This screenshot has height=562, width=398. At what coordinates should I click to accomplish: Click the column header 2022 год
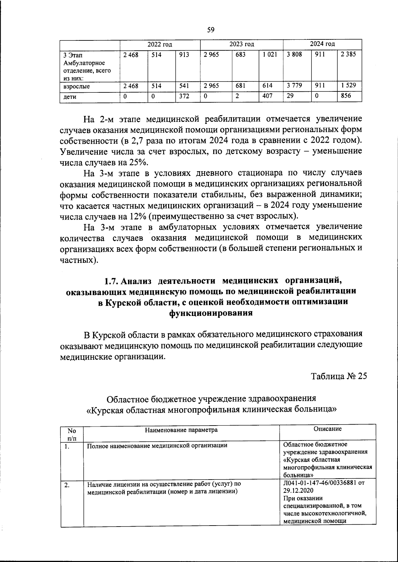(x=160, y=44)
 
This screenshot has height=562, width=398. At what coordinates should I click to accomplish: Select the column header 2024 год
(x=322, y=44)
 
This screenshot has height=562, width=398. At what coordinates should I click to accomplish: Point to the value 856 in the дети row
(x=346, y=96)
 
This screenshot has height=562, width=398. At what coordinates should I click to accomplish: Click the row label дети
(x=70, y=97)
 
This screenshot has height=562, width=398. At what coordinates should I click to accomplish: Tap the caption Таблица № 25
(x=339, y=377)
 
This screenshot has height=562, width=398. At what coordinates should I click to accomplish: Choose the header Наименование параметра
(x=181, y=430)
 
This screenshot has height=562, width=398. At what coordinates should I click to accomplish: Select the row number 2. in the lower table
(x=67, y=485)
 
